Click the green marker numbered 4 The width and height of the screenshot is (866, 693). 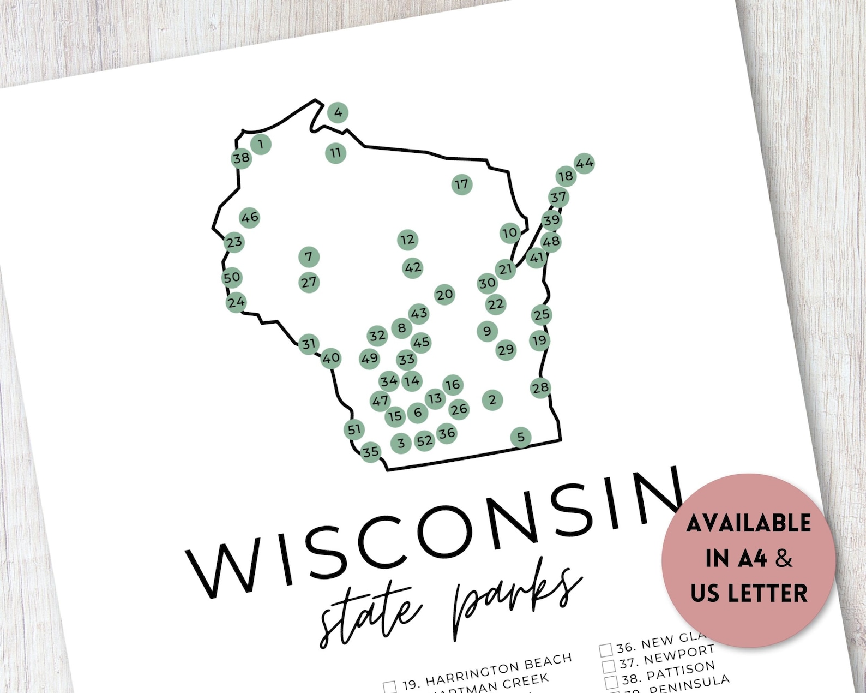click(338, 113)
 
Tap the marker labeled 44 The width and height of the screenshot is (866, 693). click(584, 163)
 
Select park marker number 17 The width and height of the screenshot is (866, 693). click(462, 184)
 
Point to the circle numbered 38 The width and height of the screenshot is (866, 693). click(241, 158)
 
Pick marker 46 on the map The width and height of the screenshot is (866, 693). click(250, 218)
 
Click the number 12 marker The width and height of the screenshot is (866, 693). click(407, 240)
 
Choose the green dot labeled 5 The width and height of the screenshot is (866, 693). click(521, 437)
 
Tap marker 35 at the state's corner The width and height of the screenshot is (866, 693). click(371, 452)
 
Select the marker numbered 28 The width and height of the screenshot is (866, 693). click(540, 388)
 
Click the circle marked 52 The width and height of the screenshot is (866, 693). click(424, 441)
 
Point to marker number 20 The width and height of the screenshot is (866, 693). click(444, 295)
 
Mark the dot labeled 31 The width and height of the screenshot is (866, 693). click(309, 344)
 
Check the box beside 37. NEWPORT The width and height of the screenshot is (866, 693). click(609, 666)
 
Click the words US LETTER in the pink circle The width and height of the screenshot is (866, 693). click(748, 593)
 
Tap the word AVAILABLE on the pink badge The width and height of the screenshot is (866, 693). click(748, 523)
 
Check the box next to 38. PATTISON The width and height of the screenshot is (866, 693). click(612, 682)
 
